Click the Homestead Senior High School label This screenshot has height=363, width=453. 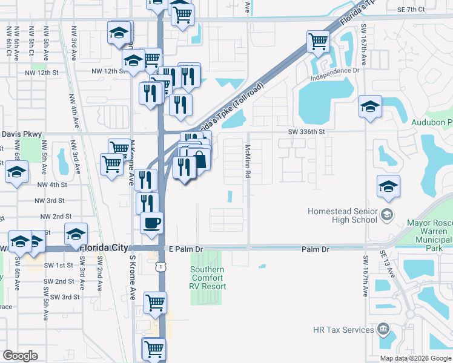tap(342, 216)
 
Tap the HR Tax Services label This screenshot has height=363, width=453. tap(343, 330)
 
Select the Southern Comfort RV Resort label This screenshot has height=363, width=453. tap(208, 278)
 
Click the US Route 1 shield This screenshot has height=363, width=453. tap(159, 267)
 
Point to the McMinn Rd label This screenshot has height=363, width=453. tap(248, 161)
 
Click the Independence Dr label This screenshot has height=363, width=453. tap(335, 74)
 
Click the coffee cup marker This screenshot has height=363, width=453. tap(152, 222)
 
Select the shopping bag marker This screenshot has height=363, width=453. tap(199, 160)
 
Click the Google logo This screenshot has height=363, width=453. tap(20, 356)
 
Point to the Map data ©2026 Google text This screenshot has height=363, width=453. tap(415, 358)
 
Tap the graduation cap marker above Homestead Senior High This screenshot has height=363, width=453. tap(388, 186)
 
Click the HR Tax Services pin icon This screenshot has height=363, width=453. tap(383, 330)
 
